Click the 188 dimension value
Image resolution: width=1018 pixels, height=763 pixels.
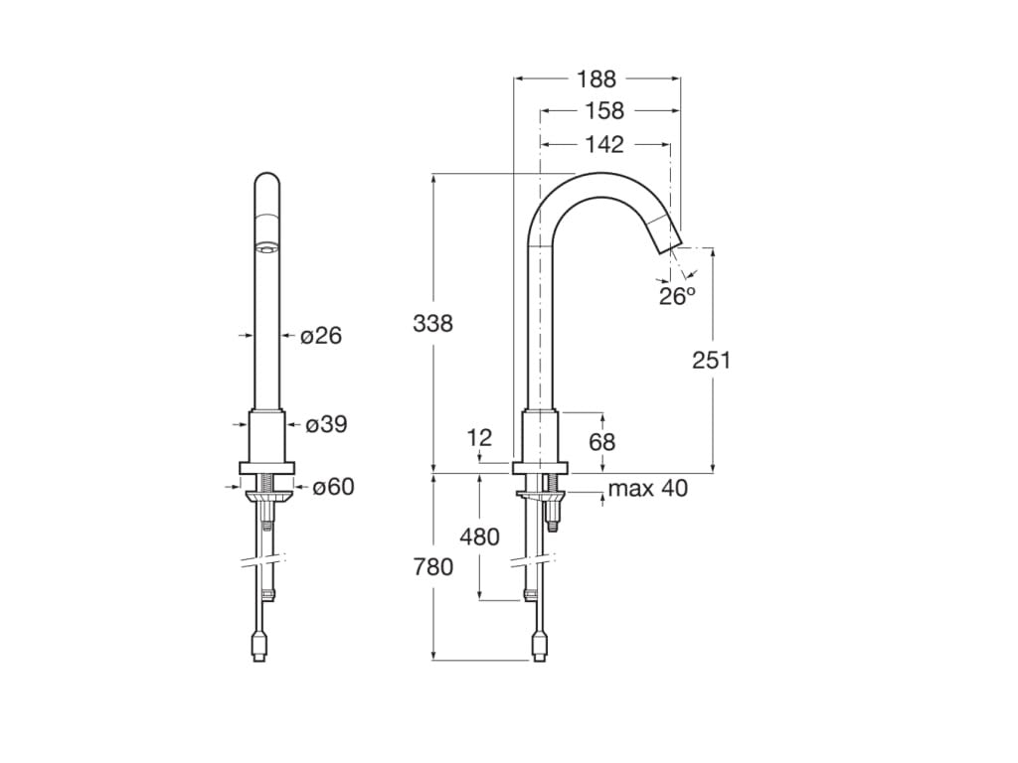click(x=596, y=78)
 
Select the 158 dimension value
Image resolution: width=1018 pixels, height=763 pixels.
click(x=603, y=111)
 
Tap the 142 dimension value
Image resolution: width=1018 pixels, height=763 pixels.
click(x=603, y=145)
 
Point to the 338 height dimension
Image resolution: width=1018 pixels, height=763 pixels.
click(x=432, y=323)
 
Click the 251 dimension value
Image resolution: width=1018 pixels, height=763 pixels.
click(x=711, y=360)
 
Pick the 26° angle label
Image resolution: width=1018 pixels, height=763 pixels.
click(x=677, y=296)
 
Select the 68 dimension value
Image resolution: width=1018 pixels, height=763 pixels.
click(x=602, y=441)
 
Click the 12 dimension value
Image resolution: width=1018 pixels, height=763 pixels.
click(x=479, y=437)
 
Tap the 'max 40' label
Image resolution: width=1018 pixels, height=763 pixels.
click(x=647, y=488)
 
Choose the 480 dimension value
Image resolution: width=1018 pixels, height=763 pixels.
click(x=479, y=537)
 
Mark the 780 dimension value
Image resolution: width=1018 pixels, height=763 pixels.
click(x=432, y=566)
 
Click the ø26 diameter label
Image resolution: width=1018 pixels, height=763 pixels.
click(x=321, y=336)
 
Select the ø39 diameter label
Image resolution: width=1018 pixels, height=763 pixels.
click(x=326, y=425)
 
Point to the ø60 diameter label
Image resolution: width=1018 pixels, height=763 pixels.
click(x=333, y=487)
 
